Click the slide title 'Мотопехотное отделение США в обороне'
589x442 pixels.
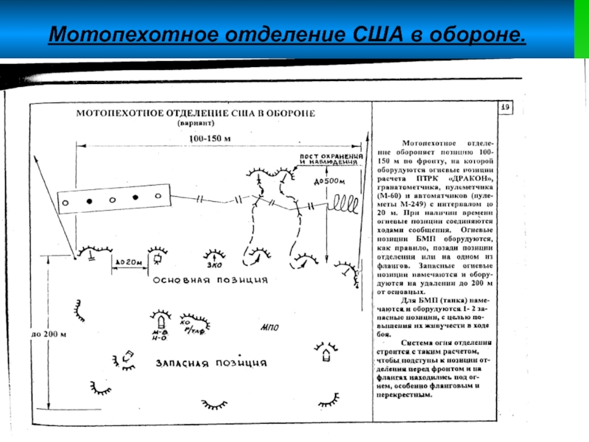[287, 35]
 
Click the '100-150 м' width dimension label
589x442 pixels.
[209, 138]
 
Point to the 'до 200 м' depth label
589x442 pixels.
[49, 334]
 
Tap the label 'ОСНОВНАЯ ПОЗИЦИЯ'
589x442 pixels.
[211, 281]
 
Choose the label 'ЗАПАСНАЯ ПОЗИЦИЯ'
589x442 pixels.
[211, 363]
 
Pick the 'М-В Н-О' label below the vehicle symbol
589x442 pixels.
[159, 337]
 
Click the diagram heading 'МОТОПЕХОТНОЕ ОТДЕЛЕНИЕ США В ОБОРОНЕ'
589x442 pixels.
[197, 113]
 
